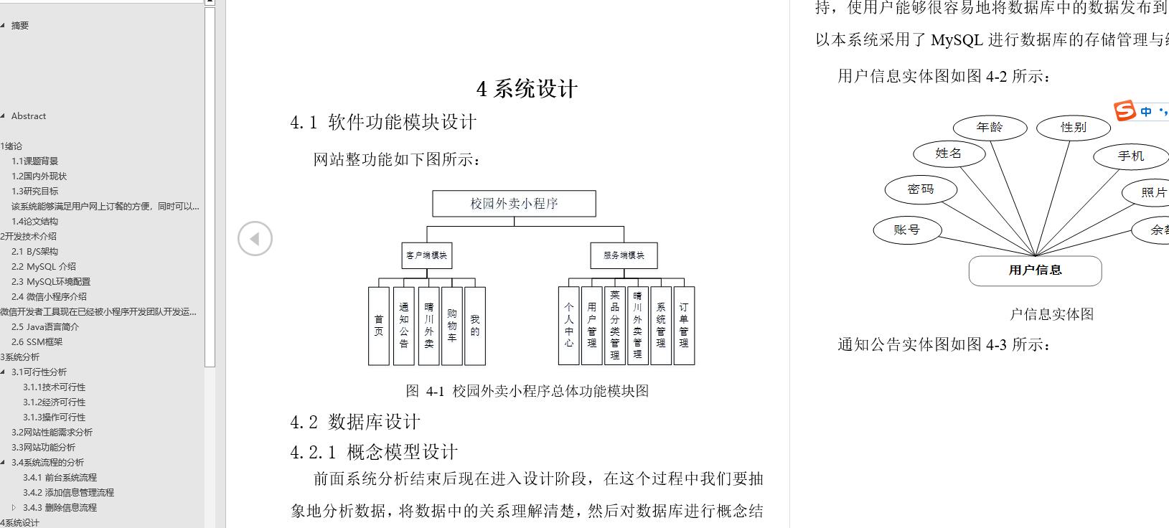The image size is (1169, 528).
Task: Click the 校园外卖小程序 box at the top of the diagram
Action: point(514,204)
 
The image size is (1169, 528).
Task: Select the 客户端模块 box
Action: point(426,255)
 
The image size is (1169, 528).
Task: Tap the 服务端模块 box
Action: point(624,255)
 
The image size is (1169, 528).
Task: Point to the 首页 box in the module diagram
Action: point(379,326)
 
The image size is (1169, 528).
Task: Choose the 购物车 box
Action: point(452,326)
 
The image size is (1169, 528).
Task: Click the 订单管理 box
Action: point(684,326)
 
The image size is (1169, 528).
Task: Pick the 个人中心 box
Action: point(569,326)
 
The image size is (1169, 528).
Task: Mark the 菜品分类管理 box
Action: point(615,326)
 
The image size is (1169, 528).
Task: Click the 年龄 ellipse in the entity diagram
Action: point(990,128)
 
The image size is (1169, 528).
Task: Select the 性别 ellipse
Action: point(1074,128)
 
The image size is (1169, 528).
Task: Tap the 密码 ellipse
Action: point(921,189)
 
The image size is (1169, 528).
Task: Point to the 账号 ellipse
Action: point(907,230)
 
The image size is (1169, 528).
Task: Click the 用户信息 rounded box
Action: point(1035,270)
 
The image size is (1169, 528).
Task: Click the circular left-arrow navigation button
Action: point(255,239)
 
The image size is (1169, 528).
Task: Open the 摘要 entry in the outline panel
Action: point(20,26)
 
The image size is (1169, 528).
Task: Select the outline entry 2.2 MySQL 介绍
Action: point(43,267)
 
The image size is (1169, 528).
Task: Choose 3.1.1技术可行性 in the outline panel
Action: point(54,387)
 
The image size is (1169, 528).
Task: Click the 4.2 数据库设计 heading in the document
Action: point(355,422)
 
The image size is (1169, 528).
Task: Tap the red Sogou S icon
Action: point(1125,111)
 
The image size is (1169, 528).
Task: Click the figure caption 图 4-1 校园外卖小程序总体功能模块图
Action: point(527,391)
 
